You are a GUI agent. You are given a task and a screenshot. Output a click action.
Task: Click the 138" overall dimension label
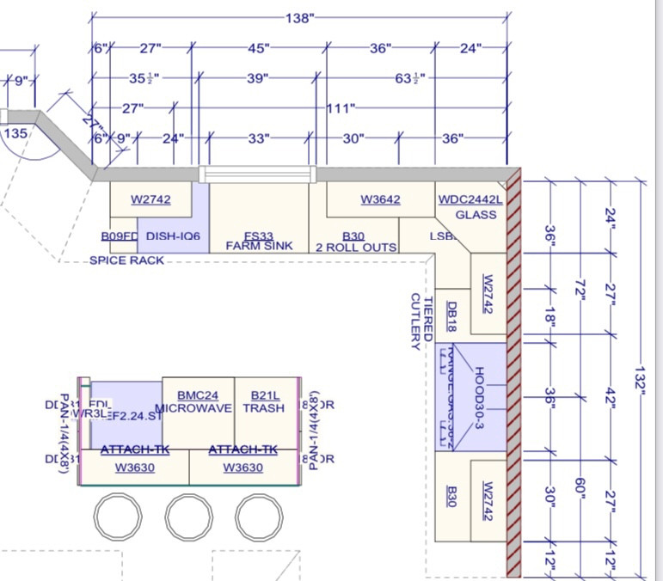tap(299, 17)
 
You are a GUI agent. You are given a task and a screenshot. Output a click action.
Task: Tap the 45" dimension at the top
tap(257, 48)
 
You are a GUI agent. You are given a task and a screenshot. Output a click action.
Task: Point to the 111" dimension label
tap(341, 108)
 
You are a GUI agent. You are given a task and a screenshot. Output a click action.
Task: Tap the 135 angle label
tap(15, 133)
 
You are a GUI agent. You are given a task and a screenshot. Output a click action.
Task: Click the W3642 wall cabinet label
tap(380, 199)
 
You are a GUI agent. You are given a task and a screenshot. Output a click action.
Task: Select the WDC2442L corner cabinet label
tap(470, 199)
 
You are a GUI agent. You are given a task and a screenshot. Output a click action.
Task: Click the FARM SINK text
tap(259, 246)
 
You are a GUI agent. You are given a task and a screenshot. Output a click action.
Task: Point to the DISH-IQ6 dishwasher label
tap(173, 235)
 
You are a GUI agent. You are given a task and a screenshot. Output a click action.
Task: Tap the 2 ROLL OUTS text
tap(356, 248)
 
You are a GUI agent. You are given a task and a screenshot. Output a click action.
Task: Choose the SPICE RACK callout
tap(127, 260)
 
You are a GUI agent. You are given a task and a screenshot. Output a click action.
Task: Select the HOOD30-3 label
tap(479, 396)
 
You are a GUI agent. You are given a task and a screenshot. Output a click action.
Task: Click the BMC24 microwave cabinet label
tap(198, 394)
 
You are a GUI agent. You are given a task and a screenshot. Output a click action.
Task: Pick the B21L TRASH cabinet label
tap(263, 395)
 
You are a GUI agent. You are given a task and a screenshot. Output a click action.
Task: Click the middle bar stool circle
tap(189, 517)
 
